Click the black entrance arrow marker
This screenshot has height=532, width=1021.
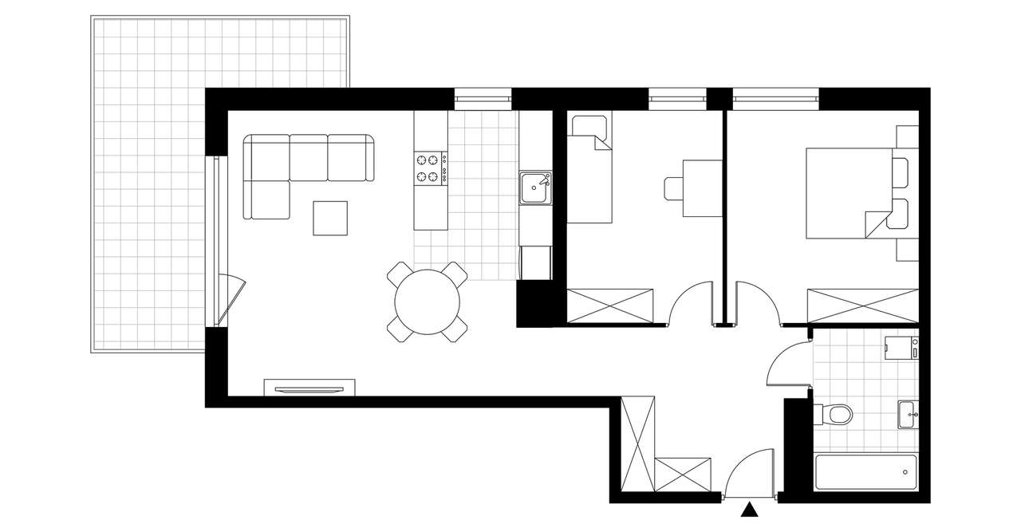pyautogui.click(x=750, y=510)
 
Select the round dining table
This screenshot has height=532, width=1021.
pyautogui.click(x=428, y=302)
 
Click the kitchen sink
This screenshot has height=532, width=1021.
pyautogui.click(x=534, y=188)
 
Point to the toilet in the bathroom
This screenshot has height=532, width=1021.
pyautogui.click(x=833, y=415)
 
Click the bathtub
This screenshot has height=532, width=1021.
pyautogui.click(x=865, y=471)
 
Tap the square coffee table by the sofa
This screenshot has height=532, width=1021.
pyautogui.click(x=330, y=218)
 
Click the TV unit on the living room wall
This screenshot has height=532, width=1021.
pyautogui.click(x=308, y=388)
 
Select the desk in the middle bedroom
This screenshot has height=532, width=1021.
pyautogui.click(x=702, y=187)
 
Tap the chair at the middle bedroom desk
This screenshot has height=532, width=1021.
pyautogui.click(x=673, y=187)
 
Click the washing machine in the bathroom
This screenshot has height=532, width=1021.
pyautogui.click(x=901, y=349)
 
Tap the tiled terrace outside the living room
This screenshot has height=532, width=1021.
pyautogui.click(x=148, y=183)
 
